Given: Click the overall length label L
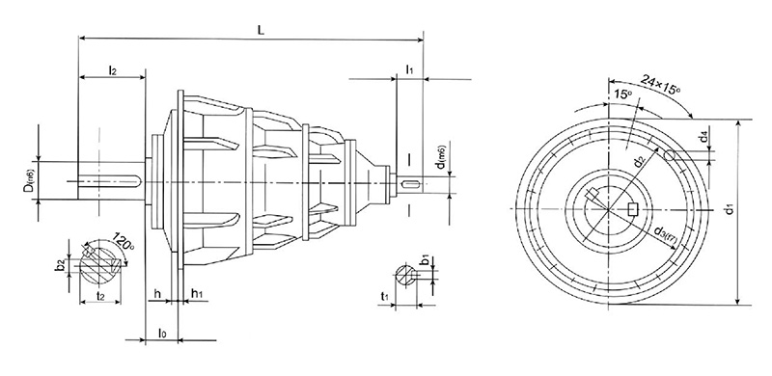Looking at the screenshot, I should tap(262, 30).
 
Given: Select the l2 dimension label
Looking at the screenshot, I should tap(113, 70).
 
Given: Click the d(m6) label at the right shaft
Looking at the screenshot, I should tap(441, 166).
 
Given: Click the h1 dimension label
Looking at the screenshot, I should tap(197, 292).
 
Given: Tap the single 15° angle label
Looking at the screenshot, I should tap(623, 95).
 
